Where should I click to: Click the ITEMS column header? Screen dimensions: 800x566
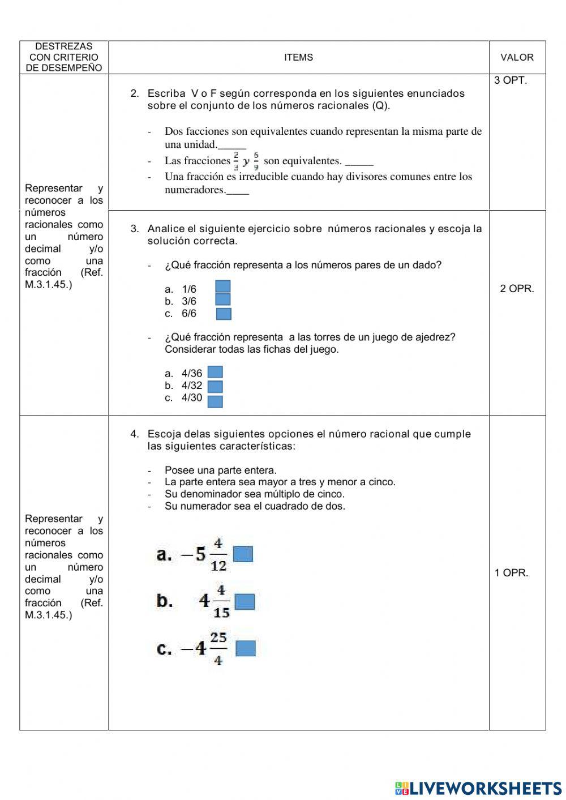[298, 57]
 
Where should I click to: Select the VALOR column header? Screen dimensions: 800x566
[517, 57]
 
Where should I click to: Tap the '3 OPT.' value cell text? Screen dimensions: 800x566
[510, 80]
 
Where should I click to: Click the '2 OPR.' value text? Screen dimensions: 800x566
[517, 289]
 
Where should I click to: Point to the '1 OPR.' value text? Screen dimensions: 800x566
[511, 573]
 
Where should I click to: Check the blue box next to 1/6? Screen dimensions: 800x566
[223, 287]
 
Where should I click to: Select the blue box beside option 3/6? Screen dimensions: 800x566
[223, 300]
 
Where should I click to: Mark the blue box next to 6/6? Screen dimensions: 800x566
[224, 314]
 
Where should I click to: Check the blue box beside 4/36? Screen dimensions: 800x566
[215, 372]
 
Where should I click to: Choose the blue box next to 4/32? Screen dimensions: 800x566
[215, 387]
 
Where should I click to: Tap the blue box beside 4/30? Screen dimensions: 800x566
[215, 401]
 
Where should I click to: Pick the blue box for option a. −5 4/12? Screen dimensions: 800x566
[243, 554]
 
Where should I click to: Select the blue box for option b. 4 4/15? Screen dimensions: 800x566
[245, 601]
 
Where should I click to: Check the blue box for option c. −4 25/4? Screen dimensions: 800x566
[245, 648]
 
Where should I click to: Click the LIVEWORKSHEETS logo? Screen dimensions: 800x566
[478, 788]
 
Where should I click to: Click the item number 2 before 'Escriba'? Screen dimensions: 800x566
[134, 93]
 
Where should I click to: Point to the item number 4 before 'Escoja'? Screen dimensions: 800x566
[134, 434]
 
